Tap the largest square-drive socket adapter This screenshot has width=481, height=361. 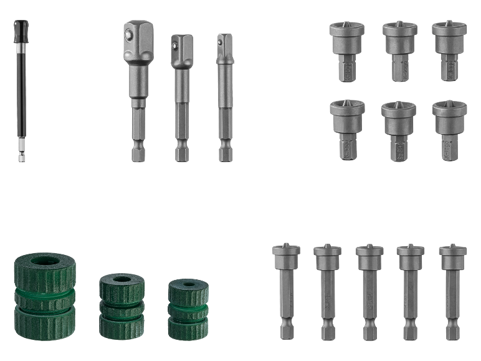coord(137,87)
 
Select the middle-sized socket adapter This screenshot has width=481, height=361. coord(181,94)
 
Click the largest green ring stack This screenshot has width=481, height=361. coord(44,293)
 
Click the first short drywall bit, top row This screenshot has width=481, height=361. coord(346,50)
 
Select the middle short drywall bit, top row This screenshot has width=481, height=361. coord(399,50)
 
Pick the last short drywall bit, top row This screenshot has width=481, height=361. coord(449,50)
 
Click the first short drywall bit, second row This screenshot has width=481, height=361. coord(346,128)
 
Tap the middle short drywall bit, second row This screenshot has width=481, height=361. coord(399,128)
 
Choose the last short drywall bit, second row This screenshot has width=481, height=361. coord(449,128)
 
